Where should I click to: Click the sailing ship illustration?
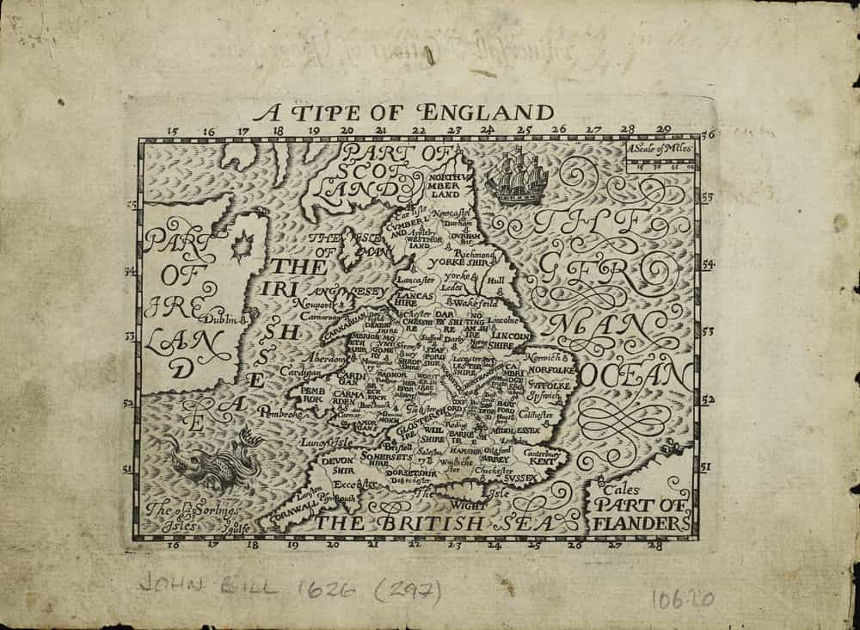click(x=516, y=175)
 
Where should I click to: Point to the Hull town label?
click(x=494, y=281)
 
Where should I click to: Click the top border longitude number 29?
click(x=662, y=130)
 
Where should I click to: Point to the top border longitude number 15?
click(x=172, y=132)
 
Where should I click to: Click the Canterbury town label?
click(x=542, y=452)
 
